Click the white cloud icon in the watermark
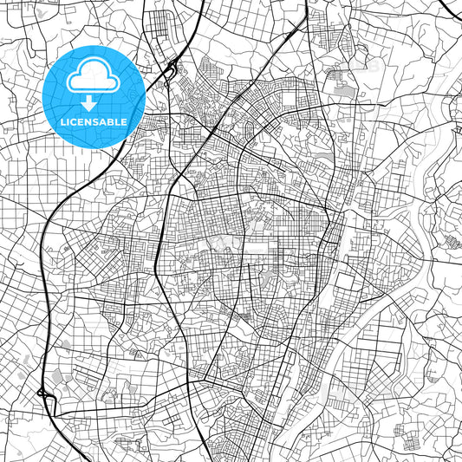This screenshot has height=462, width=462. pyautogui.click(x=94, y=77)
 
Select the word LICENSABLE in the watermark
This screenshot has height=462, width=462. pyautogui.click(x=94, y=122)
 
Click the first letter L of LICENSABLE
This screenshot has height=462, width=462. pyautogui.click(x=63, y=122)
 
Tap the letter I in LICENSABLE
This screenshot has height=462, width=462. pyautogui.click(x=69, y=122)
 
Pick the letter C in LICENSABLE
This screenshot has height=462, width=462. pyautogui.click(x=75, y=122)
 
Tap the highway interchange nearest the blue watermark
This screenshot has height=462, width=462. pyautogui.click(x=171, y=67)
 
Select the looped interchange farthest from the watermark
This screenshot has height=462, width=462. pyautogui.click(x=43, y=394)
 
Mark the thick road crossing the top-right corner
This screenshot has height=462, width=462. pyautogui.click(x=449, y=10)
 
